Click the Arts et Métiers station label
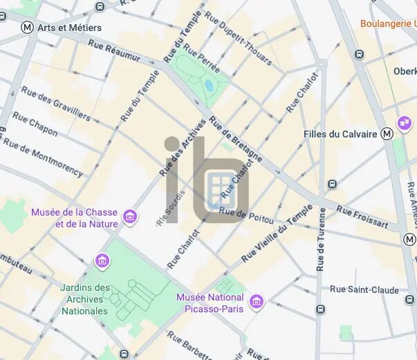click(70, 28)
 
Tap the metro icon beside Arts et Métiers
click(28, 28)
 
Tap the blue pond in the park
click(208, 85)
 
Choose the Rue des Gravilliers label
click(55, 104)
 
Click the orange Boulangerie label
click(388, 23)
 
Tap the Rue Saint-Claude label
click(364, 290)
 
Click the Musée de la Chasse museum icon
click(129, 218)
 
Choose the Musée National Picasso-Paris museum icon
click(257, 302)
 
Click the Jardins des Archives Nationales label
click(84, 299)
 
